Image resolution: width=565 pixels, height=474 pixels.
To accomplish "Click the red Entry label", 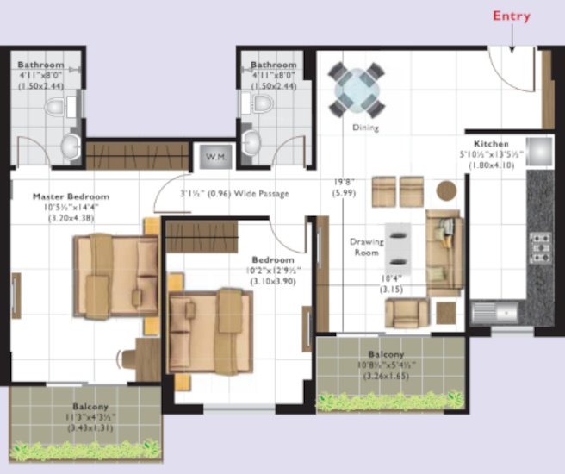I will coord(511,16).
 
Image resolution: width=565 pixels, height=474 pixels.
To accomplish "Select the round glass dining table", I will coord(355,89).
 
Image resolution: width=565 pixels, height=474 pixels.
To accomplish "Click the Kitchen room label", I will coord(491,143).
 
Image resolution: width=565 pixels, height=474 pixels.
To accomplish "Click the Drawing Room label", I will coord(366,247).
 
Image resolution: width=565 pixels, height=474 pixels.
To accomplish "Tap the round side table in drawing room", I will coord(446,190).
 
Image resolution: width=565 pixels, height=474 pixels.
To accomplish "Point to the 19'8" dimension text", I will coord(345,183).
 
